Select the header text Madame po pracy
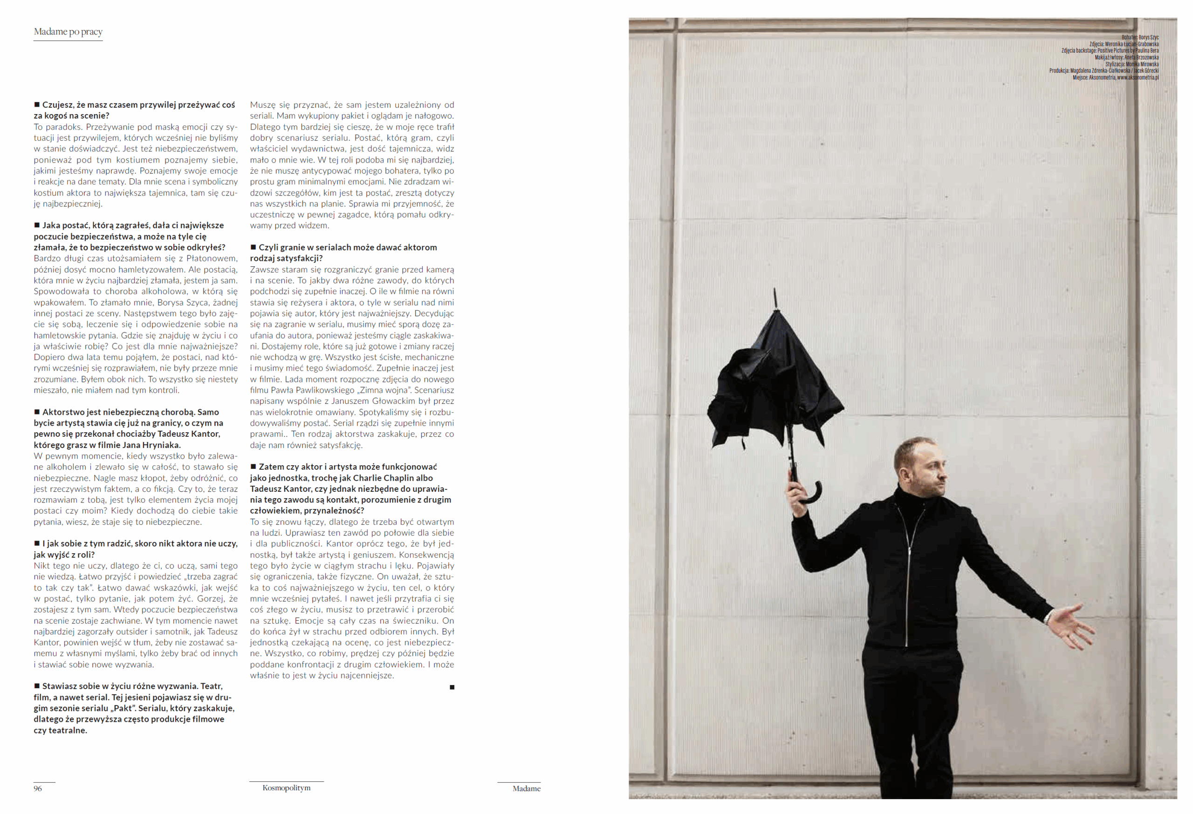coord(69,32)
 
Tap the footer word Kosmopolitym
coord(287,788)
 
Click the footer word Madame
coord(526,788)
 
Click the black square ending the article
coord(452,687)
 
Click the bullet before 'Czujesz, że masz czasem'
coord(37,105)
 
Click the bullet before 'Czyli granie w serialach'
coord(253,247)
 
